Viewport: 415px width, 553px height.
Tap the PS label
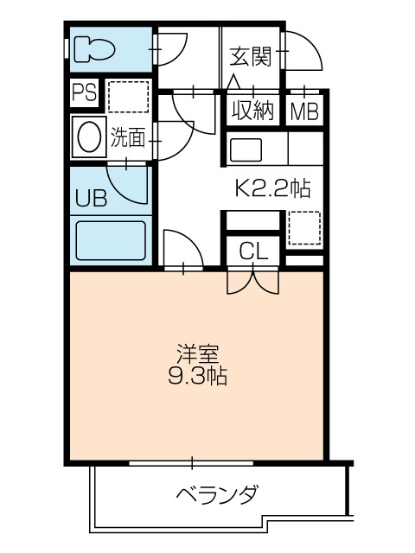[x=85, y=92]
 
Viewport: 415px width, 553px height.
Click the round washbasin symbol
[x=88, y=137]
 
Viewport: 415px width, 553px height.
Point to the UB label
[x=91, y=199]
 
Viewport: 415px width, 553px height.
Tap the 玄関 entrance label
[x=251, y=57]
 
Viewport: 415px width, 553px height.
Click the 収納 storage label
[x=252, y=110]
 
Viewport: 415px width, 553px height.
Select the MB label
[x=304, y=111]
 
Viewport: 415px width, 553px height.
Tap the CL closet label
[x=254, y=251]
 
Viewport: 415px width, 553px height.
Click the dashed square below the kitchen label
[x=304, y=227]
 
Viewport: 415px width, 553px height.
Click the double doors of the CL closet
[x=254, y=281]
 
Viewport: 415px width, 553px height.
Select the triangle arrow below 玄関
[x=233, y=83]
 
